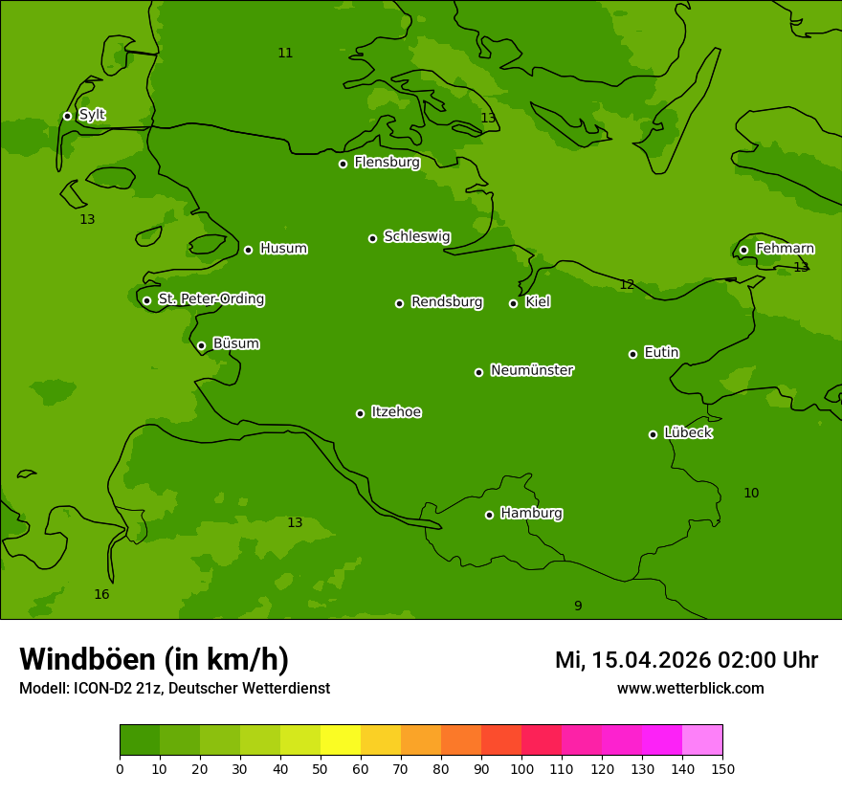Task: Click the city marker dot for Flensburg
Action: (x=343, y=164)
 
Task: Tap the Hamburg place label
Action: (x=531, y=513)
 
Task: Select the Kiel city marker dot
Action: (x=513, y=303)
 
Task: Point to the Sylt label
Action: (x=92, y=115)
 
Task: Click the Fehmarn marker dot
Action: (x=743, y=250)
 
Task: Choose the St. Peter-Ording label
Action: (x=210, y=299)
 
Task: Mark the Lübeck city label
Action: (x=688, y=432)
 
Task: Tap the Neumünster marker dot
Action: (x=478, y=372)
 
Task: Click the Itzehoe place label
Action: (x=396, y=412)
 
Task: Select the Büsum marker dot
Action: (x=201, y=345)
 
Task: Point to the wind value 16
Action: (x=101, y=595)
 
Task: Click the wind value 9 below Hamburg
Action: (x=578, y=606)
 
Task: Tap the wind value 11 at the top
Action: (x=285, y=54)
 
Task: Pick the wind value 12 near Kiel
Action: (x=627, y=285)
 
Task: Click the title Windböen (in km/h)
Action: (x=154, y=659)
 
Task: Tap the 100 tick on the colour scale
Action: (x=521, y=768)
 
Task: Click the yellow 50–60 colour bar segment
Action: (x=341, y=740)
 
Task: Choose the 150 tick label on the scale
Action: (x=721, y=768)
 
